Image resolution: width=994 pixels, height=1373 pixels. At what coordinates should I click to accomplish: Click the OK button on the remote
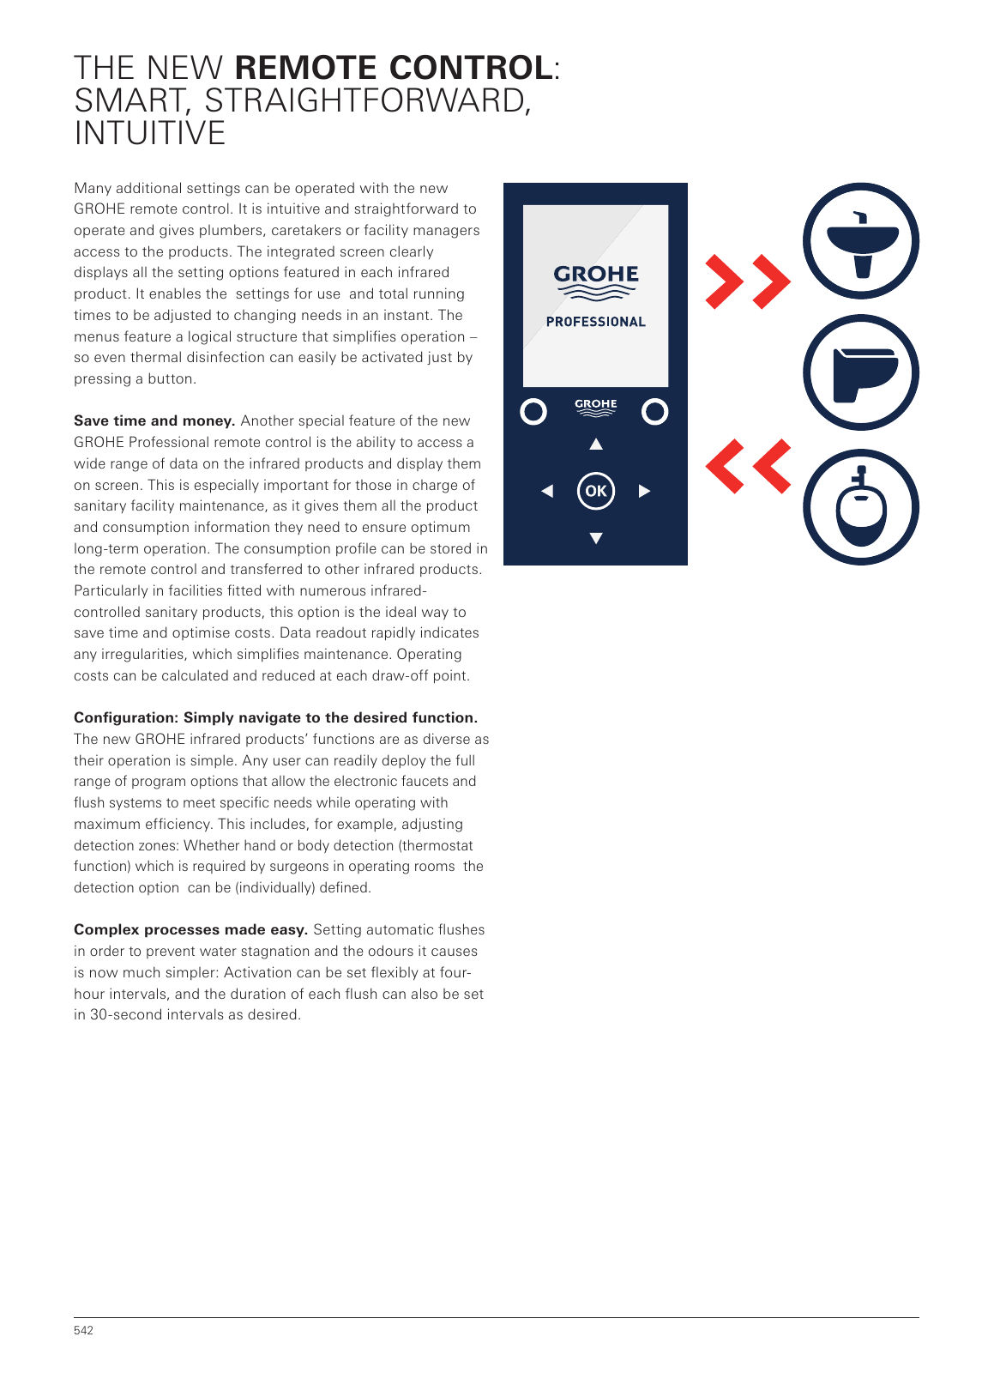tap(596, 491)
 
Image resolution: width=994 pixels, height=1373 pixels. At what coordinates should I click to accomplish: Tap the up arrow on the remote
tap(596, 444)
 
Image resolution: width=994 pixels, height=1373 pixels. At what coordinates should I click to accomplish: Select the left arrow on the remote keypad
tap(547, 491)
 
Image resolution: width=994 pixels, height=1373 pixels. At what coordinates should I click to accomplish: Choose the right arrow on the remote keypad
tap(644, 491)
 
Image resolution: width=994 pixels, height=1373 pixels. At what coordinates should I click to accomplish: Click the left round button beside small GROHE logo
tap(533, 412)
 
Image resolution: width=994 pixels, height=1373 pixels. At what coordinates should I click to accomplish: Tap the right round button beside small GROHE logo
tap(655, 412)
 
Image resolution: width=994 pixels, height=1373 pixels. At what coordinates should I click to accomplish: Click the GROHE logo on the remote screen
tap(596, 281)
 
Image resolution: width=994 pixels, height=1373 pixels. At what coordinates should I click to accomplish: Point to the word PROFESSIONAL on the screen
tap(596, 322)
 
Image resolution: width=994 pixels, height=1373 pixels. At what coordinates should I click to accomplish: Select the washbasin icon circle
tap(860, 241)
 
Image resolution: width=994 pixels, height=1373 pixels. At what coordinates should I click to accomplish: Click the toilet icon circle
tap(860, 373)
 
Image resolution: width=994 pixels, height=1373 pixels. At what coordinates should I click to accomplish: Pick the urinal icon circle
tap(860, 507)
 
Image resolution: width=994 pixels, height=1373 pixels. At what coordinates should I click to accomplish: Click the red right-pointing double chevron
tap(748, 281)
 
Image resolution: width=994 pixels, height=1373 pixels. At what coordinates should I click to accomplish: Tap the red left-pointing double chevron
tap(748, 466)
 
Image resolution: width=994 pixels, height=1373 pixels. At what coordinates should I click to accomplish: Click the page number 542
tap(83, 1330)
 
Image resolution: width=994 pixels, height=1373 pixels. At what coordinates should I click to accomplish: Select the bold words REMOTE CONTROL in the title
tap(394, 68)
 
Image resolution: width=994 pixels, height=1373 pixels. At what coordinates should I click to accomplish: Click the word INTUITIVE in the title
tap(150, 133)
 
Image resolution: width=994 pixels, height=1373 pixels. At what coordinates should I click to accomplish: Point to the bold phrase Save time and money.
tap(154, 420)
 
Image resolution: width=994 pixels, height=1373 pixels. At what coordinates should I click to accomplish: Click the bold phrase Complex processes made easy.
tap(190, 929)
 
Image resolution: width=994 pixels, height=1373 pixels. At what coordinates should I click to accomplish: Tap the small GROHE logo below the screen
tap(595, 407)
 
